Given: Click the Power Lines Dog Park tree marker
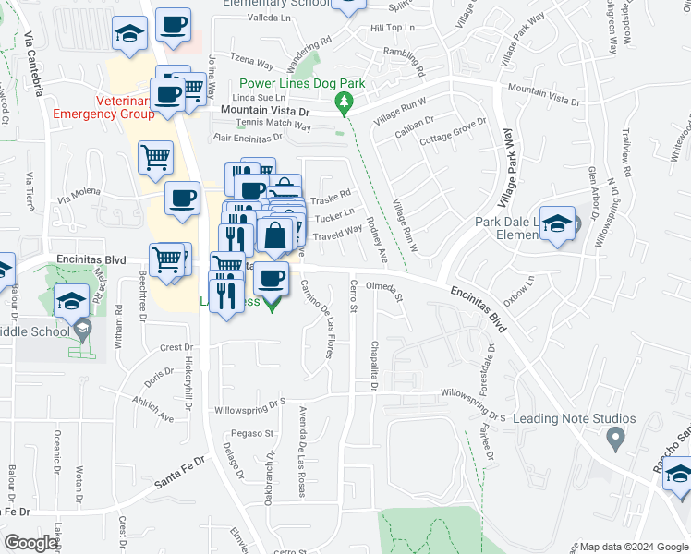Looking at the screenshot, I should (x=345, y=101).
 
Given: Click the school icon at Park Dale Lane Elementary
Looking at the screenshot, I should (x=558, y=224).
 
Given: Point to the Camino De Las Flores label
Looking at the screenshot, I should (x=316, y=319).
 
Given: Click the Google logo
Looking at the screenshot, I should (x=31, y=542).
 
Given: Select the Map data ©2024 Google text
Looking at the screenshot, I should (x=634, y=547).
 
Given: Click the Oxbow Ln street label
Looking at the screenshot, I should (x=520, y=292).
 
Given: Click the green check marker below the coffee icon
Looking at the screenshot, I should (x=271, y=305).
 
